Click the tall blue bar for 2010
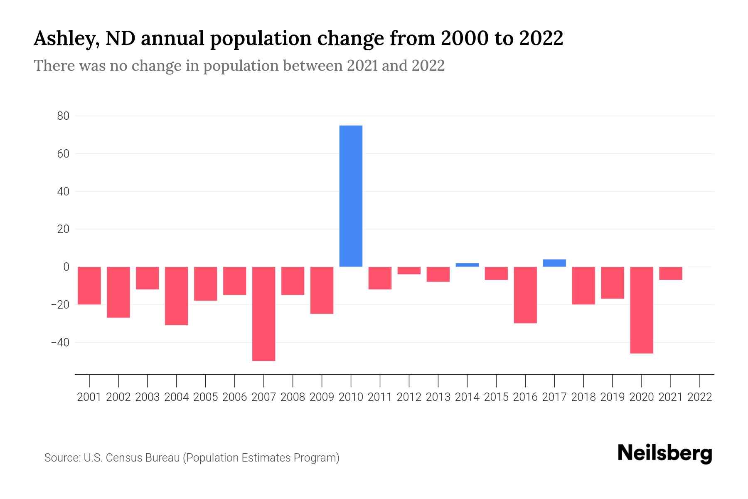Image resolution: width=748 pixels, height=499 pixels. (x=351, y=196)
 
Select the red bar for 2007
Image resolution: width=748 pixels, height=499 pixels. (x=263, y=314)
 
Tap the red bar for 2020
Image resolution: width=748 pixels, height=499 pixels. (x=641, y=310)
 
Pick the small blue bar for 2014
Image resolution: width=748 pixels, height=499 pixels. (x=467, y=265)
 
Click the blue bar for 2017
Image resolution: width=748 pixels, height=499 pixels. (x=554, y=263)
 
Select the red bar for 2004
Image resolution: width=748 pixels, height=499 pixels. (x=176, y=296)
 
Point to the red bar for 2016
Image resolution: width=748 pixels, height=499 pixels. (x=525, y=295)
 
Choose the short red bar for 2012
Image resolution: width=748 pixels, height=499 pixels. (x=409, y=270)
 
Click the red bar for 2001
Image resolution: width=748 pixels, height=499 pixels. (x=89, y=285)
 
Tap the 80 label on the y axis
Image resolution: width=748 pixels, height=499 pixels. (x=63, y=116)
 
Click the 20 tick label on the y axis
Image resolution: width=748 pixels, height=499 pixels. (x=63, y=229)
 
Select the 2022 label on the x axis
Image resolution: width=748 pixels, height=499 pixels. (x=700, y=397)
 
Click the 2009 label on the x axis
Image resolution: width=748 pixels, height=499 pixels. (x=322, y=397)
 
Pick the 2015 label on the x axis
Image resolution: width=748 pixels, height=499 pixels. (x=496, y=397)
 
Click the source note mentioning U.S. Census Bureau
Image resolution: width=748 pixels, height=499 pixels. (x=192, y=458)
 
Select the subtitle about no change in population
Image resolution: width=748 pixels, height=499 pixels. (x=239, y=66)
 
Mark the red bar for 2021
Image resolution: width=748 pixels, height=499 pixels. (x=670, y=273)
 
